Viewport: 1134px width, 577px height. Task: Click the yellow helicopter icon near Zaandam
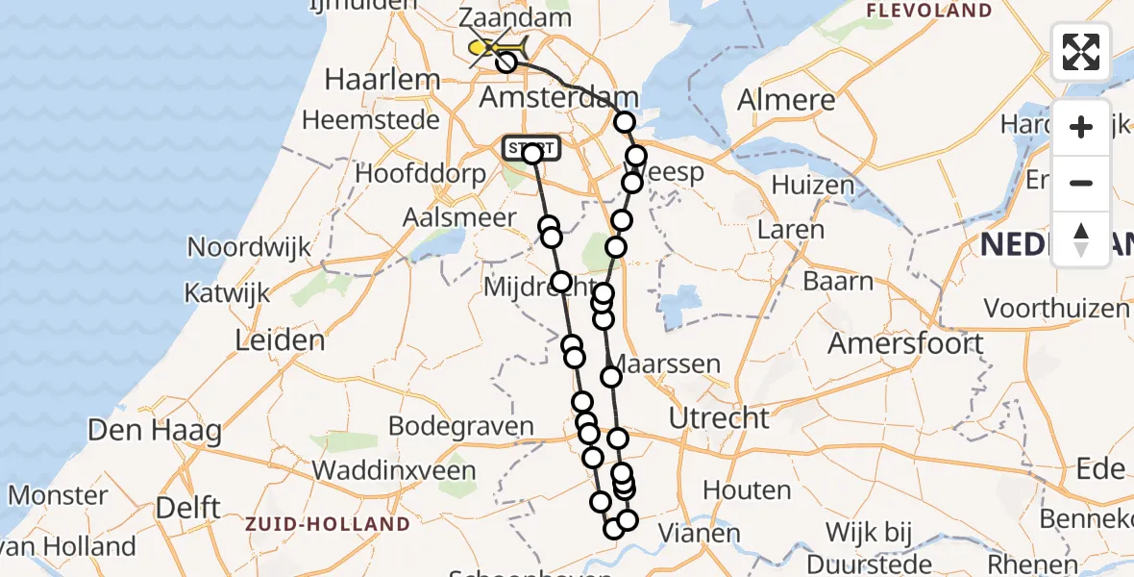497,47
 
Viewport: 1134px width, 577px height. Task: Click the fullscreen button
1081,52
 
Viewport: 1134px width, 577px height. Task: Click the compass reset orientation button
1081,239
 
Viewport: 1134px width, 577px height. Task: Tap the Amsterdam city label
558,98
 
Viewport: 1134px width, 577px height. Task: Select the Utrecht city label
719,418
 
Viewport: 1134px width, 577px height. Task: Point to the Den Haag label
154,430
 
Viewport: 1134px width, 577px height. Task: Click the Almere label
786,100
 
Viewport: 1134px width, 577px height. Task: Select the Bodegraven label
460,426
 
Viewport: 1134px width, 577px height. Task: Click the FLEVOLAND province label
928,12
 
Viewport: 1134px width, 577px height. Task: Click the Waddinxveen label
394,471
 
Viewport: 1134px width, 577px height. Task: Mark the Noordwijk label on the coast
249,247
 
